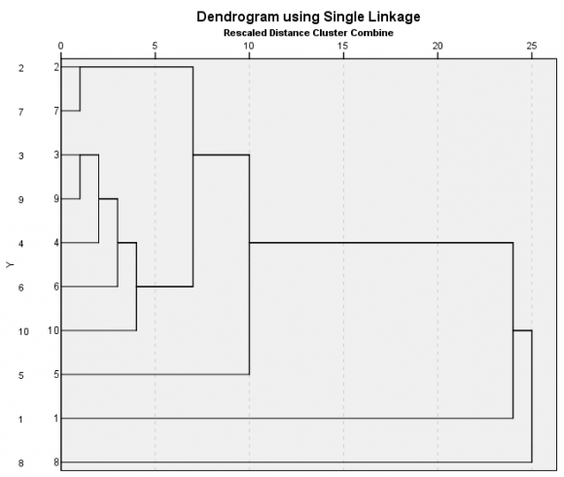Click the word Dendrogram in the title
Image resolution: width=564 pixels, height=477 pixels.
pos(238,17)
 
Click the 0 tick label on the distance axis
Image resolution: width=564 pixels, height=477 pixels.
pos(61,46)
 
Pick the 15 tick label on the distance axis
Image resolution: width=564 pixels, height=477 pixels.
pos(343,46)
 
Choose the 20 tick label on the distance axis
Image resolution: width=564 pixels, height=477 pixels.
pos(438,46)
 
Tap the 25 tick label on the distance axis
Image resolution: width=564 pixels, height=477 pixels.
pos(532,46)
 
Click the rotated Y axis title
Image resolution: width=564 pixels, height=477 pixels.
pos(10,264)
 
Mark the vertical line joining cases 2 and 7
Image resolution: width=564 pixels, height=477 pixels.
pos(80,88)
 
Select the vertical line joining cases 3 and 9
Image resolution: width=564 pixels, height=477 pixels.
pos(80,177)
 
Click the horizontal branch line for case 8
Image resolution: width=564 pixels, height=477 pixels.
pos(297,462)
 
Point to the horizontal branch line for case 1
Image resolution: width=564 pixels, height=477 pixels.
pos(287,419)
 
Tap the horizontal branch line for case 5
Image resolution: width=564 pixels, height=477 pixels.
pos(155,375)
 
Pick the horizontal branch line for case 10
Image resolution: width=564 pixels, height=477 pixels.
pos(98,330)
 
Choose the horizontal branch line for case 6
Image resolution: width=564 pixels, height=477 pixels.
pos(89,287)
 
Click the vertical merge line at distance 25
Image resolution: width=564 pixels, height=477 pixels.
pos(532,396)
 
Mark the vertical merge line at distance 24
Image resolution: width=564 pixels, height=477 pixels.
pos(512,330)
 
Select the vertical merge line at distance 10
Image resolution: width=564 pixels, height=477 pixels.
pos(249,264)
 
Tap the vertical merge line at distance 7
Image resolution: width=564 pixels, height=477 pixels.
pos(193,177)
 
